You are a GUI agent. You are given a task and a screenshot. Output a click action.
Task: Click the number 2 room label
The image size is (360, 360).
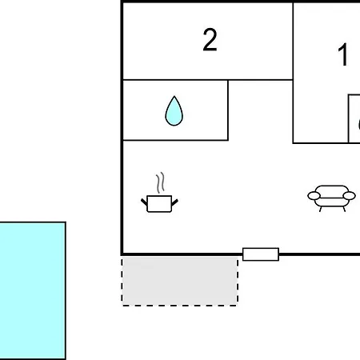coord(210,39)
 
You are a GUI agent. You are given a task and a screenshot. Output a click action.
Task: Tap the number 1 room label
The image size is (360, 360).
coord(343,54)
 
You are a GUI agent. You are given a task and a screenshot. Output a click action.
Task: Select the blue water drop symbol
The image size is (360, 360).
coord(174,111)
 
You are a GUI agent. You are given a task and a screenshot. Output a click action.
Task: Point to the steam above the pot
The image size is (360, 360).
coord(160,183)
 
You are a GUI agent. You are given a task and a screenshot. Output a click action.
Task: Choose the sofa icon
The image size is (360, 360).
coord(331,198)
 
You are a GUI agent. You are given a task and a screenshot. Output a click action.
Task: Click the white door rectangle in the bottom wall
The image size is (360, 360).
coord(261,254)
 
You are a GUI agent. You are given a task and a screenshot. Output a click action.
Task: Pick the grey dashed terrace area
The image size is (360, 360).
coord(180,282)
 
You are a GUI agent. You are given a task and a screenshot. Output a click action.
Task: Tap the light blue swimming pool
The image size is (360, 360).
coord(33,290)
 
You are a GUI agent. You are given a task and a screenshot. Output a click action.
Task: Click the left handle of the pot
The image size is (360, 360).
coord(144,202)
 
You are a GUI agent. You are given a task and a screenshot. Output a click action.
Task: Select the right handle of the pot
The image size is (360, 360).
coord(174,202)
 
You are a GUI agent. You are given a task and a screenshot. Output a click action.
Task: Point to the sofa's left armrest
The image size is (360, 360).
coord(314,196)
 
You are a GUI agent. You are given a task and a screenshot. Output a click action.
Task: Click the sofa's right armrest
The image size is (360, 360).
coord(349,196)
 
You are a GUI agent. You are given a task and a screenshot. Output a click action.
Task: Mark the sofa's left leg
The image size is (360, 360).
coord(321,209)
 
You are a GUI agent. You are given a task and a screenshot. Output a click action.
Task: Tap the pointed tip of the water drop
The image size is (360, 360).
coord(174,96)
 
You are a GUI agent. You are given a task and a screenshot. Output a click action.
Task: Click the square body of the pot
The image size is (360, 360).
coord(159,204)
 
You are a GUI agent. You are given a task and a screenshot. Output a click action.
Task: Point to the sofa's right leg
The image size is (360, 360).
coord(344,209)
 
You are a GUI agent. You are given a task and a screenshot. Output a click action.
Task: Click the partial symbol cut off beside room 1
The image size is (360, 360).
coord(358,124)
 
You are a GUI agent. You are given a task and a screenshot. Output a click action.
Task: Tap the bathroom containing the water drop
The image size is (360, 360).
coord(175,110)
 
